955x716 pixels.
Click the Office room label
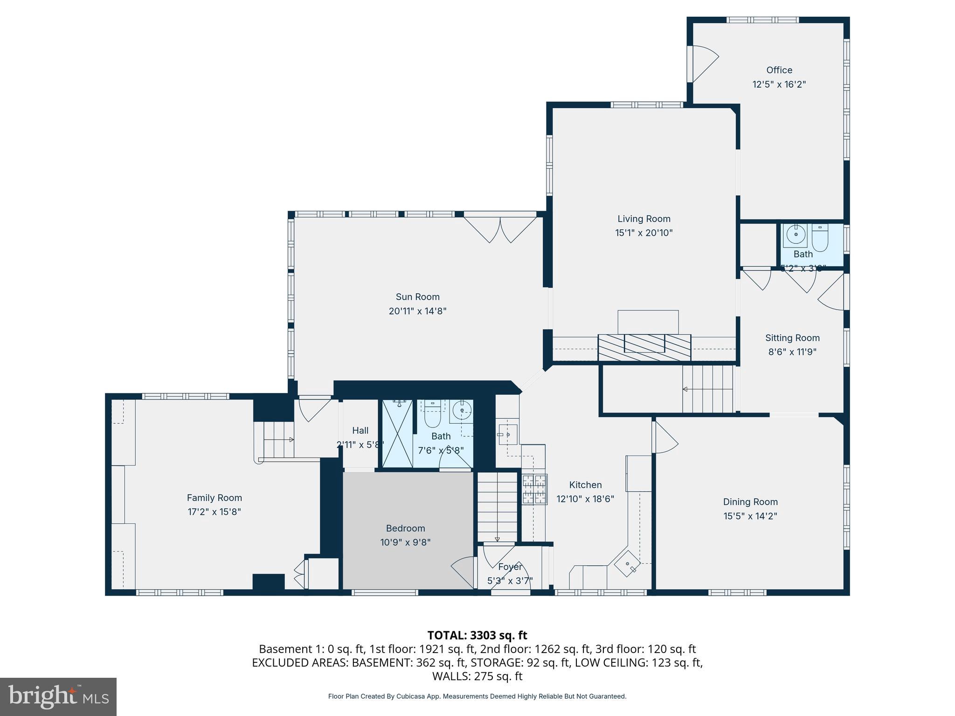tap(779, 70)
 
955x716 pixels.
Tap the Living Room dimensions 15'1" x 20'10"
tap(644, 233)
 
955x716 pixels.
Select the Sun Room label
tap(417, 296)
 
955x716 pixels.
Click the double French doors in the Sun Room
tap(500, 228)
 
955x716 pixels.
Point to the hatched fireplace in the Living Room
tap(644, 347)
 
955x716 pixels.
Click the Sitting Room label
tap(792, 337)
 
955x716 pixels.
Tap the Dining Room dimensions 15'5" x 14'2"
tap(750, 516)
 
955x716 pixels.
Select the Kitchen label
tap(585, 485)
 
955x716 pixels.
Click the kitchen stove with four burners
tap(534, 489)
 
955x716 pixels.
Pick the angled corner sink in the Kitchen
tap(627, 565)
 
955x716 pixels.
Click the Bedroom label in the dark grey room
tap(405, 528)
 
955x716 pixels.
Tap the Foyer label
tap(510, 567)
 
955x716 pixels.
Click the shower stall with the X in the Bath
tap(397, 434)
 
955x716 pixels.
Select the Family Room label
tap(214, 498)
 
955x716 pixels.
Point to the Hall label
tap(360, 431)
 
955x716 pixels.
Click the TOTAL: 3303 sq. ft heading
tap(477, 635)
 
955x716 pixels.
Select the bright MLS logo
tap(58, 696)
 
